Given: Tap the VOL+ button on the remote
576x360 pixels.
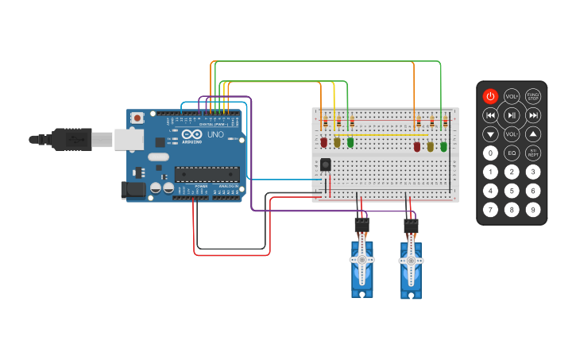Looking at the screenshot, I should [512, 96].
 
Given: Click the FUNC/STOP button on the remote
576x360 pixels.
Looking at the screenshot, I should [533, 96].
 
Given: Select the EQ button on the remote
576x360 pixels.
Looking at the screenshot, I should [512, 153].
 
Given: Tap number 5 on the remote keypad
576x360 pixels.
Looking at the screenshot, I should [512, 191].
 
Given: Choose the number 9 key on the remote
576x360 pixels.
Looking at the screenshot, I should [533, 210].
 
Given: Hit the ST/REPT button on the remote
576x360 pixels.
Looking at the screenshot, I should [533, 153].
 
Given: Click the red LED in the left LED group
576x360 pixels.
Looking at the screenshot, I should [323, 142].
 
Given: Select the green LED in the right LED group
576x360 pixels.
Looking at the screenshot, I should [443, 146].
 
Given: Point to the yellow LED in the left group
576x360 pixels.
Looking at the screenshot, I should [337, 142].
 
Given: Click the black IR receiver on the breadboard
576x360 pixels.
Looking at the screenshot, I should [325, 165].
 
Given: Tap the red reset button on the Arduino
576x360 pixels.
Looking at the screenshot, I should [137, 118].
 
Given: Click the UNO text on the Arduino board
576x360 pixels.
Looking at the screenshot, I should [215, 135].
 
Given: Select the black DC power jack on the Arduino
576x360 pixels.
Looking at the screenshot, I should [133, 190].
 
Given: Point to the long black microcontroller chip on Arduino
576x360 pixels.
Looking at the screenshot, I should [207, 173].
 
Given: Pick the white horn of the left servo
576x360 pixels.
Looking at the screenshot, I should [362, 259].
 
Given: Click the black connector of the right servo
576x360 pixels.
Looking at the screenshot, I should [411, 226].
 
